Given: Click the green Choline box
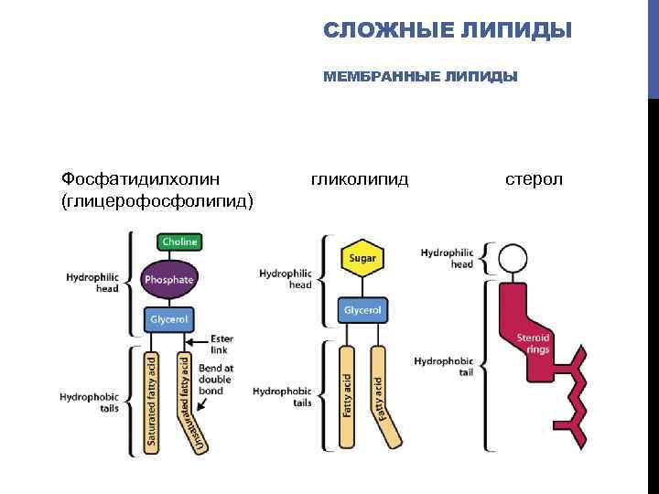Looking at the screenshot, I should (178, 242).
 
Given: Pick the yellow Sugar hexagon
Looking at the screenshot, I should (362, 258).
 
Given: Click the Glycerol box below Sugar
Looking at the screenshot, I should (362, 310).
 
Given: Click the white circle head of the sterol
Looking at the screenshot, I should (512, 259).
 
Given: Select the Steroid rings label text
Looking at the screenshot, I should (533, 342).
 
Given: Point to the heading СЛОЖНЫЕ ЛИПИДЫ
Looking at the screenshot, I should (448, 31).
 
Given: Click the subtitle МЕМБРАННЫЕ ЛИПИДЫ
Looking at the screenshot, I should (420, 77).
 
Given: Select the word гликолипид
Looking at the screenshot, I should (360, 177).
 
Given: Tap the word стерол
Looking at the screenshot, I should (535, 177).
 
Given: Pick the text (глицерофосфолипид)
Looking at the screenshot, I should (157, 199).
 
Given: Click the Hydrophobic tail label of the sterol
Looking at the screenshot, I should (443, 368).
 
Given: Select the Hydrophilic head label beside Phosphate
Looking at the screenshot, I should (92, 281).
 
